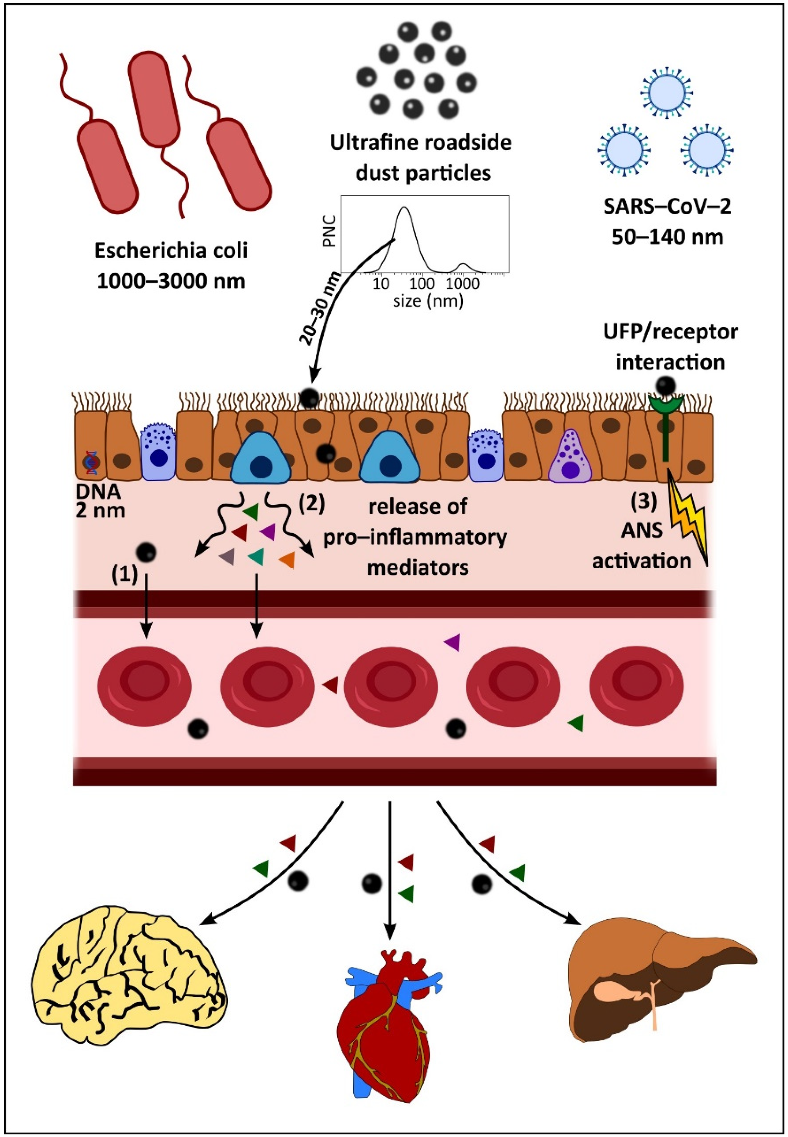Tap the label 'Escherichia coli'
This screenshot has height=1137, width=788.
pyautogui.click(x=171, y=251)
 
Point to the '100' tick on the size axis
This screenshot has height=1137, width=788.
pyautogui.click(x=422, y=284)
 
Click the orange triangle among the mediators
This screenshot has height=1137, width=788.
pyautogui.click(x=287, y=560)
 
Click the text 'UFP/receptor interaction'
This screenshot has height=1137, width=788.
pyautogui.click(x=670, y=347)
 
